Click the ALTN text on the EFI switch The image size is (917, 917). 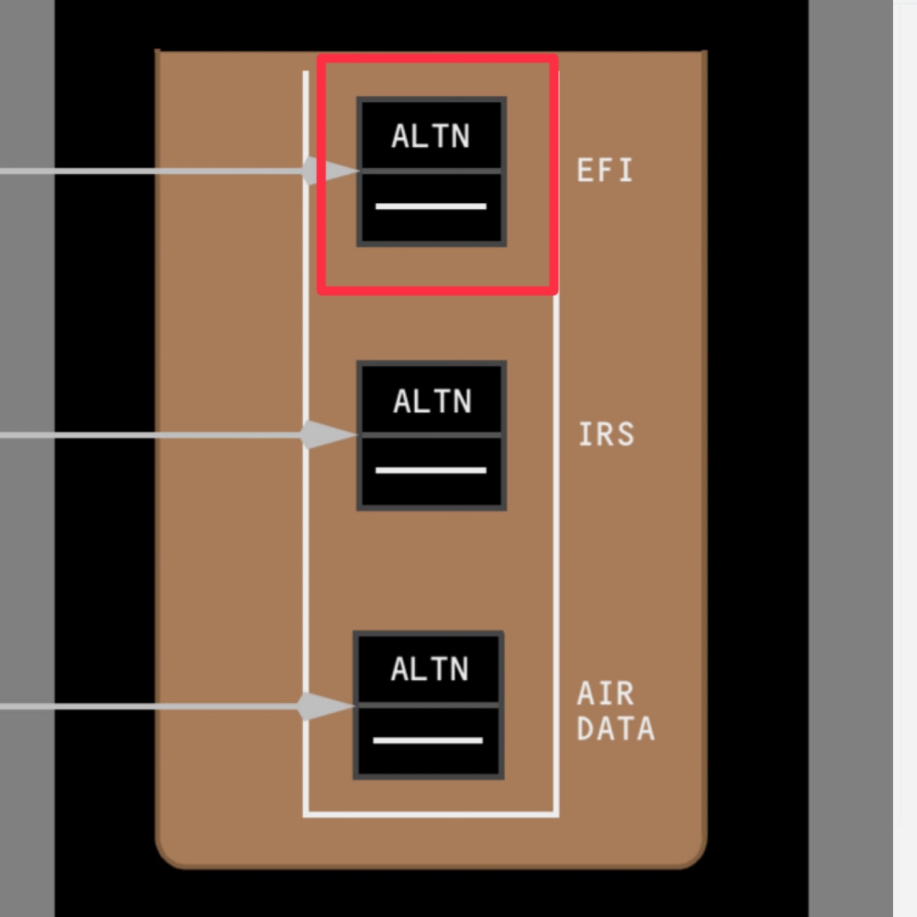(431, 136)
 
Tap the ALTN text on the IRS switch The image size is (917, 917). (432, 401)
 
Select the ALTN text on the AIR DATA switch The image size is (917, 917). (430, 669)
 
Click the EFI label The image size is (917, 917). (604, 170)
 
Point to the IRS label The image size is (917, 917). (606, 434)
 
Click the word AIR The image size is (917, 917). (605, 694)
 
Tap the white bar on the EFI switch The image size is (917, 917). (431, 206)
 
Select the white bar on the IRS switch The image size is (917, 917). (431, 470)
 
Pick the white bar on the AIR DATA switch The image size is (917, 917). (428, 740)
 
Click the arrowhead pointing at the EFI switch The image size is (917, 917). (338, 170)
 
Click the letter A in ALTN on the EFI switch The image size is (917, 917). (401, 136)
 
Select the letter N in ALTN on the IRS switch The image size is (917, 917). (462, 401)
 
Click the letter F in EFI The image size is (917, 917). (605, 170)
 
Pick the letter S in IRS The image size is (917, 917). (625, 434)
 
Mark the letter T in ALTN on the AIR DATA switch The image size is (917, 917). (439, 669)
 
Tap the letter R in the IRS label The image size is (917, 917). (606, 434)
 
